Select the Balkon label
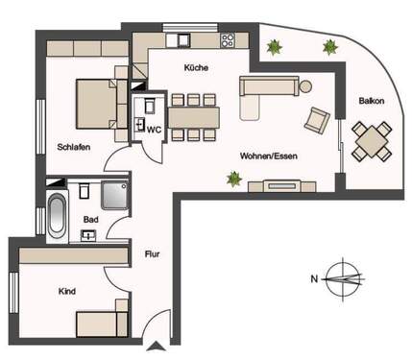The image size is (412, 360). tap(372, 101)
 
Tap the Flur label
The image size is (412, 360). tap(152, 254)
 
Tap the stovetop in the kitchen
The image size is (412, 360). tap(228, 40)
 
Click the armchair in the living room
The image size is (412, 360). tap(315, 119)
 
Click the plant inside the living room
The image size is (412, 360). tap(232, 178)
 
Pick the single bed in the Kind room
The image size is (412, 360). tap(102, 322)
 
